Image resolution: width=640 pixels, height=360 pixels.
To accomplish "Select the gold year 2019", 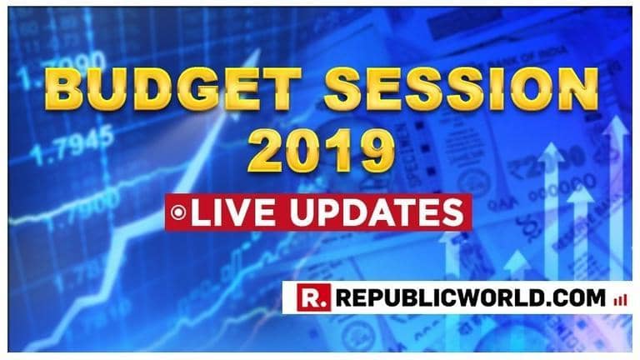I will click(321, 152).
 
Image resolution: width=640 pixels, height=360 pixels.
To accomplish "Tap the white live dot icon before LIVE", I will click(177, 212).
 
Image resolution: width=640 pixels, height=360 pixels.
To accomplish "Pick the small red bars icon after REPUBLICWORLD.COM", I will click(619, 298).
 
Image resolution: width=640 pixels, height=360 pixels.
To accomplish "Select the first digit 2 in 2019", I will click(264, 152).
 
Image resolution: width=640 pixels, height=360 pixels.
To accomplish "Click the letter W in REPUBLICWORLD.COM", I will click(472, 297).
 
